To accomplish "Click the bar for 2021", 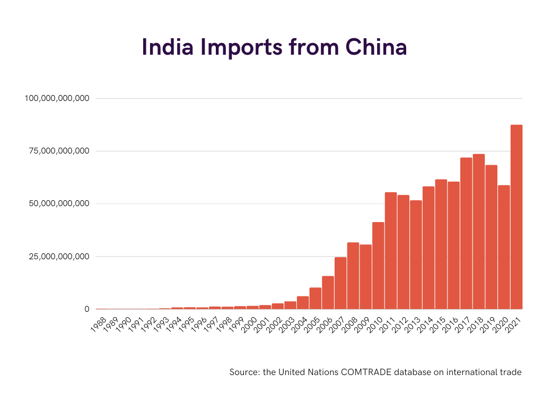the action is click(516, 217).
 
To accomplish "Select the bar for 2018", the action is click(479, 232).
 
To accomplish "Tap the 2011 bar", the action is click(391, 251).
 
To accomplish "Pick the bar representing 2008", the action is click(353, 276).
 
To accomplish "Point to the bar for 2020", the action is click(504, 247).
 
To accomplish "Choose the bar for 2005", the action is click(315, 299).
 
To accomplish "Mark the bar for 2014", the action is click(428, 248).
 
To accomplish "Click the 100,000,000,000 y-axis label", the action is click(57, 98).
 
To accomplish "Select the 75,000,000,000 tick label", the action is click(59, 151).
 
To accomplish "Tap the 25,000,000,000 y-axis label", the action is click(59, 257).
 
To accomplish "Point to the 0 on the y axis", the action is click(87, 309).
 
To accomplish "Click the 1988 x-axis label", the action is click(98, 325).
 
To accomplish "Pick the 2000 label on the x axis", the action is click(249, 325).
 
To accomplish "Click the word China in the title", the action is click(376, 47).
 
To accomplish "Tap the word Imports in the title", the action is click(241, 47).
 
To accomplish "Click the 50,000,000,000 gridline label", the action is click(59, 203).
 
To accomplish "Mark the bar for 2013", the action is click(416, 254).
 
